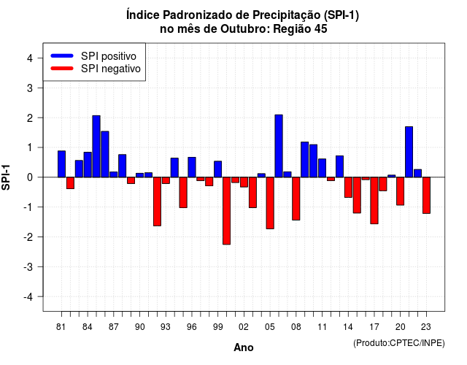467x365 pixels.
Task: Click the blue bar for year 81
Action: click(x=61, y=164)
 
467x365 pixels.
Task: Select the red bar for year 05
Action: click(x=270, y=203)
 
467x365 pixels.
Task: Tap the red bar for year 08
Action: click(x=296, y=199)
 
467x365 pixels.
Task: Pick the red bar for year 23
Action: click(x=426, y=195)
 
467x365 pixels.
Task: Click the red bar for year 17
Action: click(x=374, y=201)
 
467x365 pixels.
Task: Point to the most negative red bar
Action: click(x=227, y=211)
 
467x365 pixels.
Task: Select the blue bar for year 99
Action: click(x=218, y=169)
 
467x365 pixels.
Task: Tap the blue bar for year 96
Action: click(x=192, y=167)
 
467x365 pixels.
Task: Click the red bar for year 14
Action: click(x=348, y=187)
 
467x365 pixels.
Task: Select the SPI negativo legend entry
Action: click(x=96, y=69)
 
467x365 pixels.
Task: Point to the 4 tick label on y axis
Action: click(x=30, y=58)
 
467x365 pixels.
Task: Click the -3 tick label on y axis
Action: click(x=28, y=267)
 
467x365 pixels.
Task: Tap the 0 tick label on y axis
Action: click(x=30, y=177)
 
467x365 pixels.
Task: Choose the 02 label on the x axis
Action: click(x=244, y=327)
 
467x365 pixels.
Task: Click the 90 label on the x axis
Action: click(x=139, y=327)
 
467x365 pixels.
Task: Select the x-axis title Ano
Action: click(x=244, y=347)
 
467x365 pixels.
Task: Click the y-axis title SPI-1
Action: click(x=6, y=177)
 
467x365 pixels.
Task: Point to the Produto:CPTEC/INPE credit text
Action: click(x=399, y=343)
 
